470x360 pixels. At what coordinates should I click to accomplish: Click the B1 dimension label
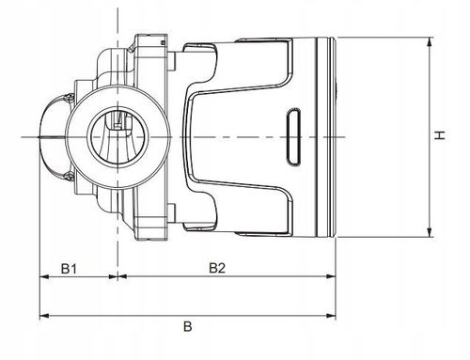[69, 268]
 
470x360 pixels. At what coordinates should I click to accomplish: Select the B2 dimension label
[217, 268]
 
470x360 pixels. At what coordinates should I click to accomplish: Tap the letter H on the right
[438, 137]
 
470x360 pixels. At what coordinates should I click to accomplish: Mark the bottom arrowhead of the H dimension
[429, 234]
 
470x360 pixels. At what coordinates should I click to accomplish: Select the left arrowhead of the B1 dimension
[43, 278]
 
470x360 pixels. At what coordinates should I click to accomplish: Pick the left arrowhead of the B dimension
[43, 315]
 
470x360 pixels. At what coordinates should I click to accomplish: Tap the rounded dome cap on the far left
[50, 137]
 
